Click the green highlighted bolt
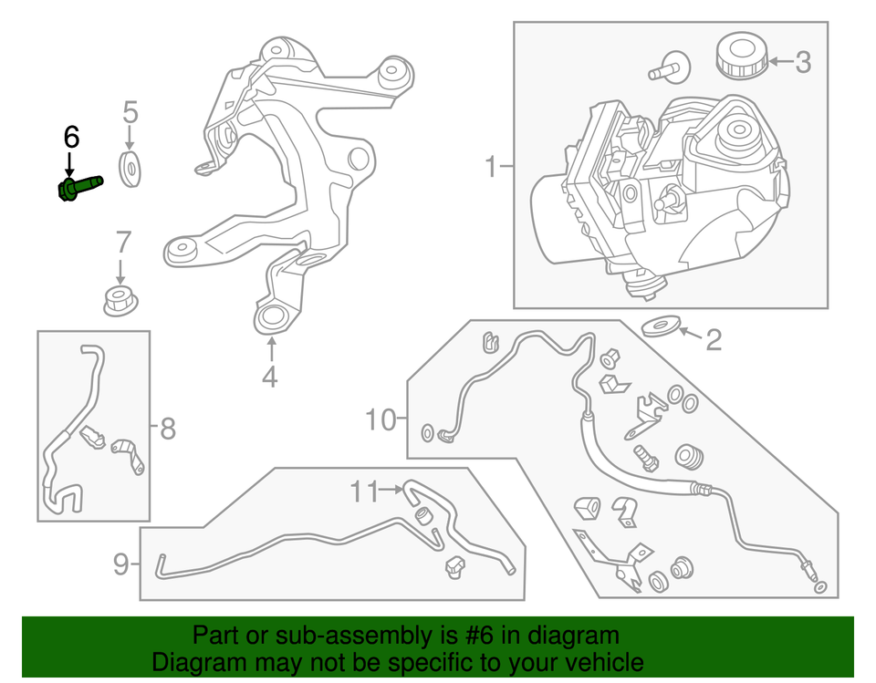[x=78, y=188]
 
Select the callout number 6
[x=71, y=138]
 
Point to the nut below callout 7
[x=118, y=300]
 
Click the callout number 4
[x=269, y=375]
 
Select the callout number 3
[x=802, y=62]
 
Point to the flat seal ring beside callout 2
[x=660, y=326]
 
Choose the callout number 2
[x=714, y=341]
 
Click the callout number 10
[x=381, y=420]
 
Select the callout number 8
[x=167, y=428]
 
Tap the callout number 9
[x=121, y=565]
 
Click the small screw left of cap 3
[x=669, y=64]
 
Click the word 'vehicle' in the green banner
[x=598, y=662]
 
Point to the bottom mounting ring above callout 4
[x=271, y=318]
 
